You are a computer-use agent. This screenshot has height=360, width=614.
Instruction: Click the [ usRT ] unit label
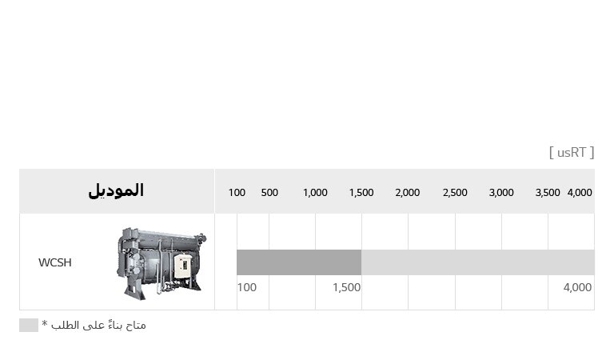click(x=572, y=152)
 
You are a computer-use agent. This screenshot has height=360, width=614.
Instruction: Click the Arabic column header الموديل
click(x=116, y=191)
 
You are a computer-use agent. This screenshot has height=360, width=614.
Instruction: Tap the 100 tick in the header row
click(x=237, y=193)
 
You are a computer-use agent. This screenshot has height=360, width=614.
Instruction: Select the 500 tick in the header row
click(x=269, y=193)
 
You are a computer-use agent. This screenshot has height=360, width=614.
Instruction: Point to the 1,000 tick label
click(x=315, y=193)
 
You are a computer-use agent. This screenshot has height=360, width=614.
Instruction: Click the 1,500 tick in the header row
click(x=361, y=193)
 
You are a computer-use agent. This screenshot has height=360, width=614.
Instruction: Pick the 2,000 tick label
click(x=408, y=193)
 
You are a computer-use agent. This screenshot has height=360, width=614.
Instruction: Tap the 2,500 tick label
click(x=455, y=193)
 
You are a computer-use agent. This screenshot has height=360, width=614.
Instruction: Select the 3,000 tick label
click(x=501, y=193)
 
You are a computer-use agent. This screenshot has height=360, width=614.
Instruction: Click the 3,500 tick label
click(x=548, y=193)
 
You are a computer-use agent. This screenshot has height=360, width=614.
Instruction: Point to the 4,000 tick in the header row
click(x=580, y=193)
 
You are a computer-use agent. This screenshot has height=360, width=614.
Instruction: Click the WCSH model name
click(x=55, y=262)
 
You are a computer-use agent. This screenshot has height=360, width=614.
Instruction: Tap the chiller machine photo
click(x=161, y=262)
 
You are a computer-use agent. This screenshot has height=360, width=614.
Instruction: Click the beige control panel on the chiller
click(x=182, y=266)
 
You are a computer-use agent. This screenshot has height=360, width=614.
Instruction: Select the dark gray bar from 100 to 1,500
click(x=299, y=262)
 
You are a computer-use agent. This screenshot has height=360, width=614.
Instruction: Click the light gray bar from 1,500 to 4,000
click(x=477, y=262)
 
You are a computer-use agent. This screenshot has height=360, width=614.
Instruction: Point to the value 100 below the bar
click(x=247, y=287)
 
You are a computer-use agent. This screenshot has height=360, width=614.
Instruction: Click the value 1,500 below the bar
click(x=346, y=287)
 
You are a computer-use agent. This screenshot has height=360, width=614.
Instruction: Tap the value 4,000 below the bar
click(x=577, y=287)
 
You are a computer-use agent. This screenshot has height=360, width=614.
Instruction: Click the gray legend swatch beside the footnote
click(x=29, y=325)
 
